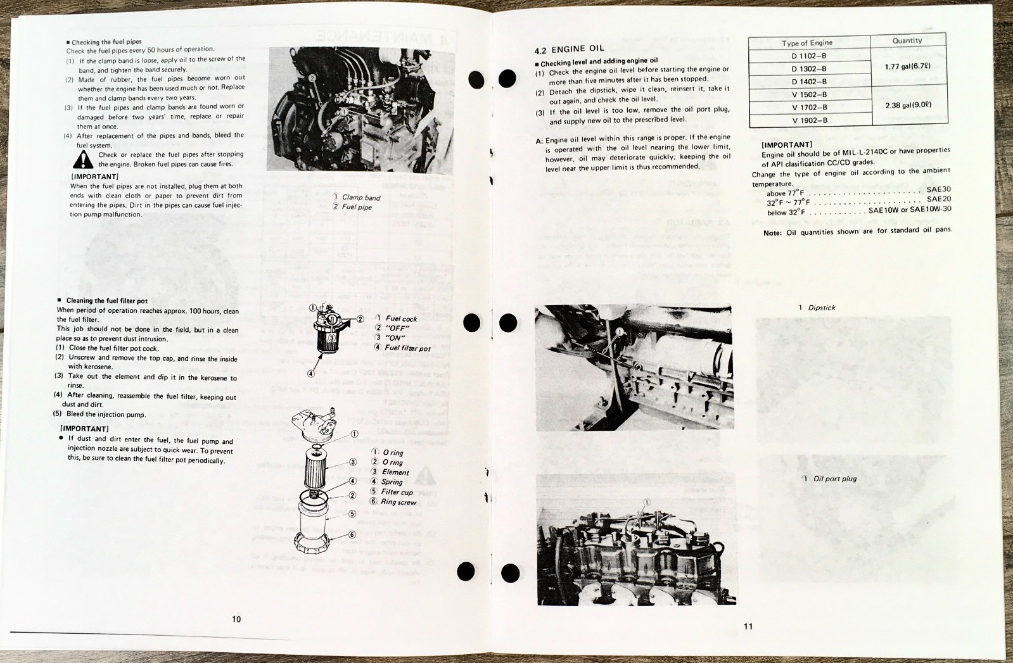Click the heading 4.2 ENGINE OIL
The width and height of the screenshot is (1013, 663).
coord(569,49)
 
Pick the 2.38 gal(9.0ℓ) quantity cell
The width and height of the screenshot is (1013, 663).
coord(907,105)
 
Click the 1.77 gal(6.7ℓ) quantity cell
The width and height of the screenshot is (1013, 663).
coord(907,66)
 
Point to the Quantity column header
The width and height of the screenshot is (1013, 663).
coord(907,41)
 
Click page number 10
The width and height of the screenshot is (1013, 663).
coord(236,619)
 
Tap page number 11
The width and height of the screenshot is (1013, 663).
coord(748,626)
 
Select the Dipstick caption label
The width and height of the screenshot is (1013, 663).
coord(821,308)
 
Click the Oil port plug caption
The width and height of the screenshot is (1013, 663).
coord(834,479)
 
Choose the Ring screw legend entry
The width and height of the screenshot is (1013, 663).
coord(397,502)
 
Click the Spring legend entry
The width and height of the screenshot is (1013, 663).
coord(391,482)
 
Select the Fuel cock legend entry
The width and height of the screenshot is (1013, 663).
coord(400,319)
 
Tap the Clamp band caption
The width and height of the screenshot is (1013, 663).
coord(360,198)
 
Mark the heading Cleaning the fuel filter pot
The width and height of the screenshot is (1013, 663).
coord(106,301)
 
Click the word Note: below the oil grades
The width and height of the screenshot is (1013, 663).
coord(772,233)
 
